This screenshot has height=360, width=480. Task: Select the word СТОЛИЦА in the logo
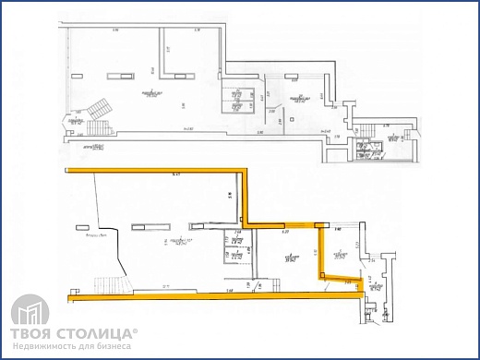[x=95, y=332]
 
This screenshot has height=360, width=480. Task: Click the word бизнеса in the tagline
[x=113, y=346]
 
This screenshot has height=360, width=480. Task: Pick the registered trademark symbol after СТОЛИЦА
[x=137, y=329]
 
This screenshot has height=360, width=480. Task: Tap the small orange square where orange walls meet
[x=319, y=224]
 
